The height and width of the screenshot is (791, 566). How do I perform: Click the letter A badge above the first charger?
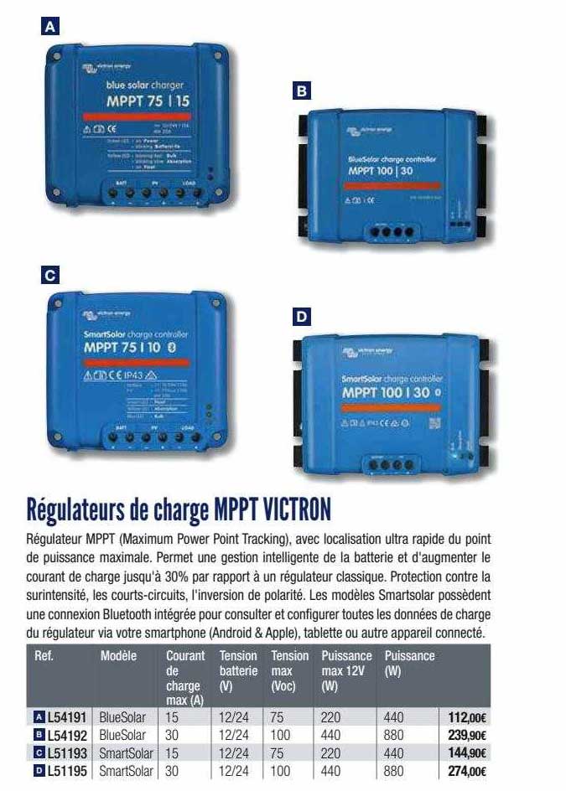pyautogui.click(x=53, y=27)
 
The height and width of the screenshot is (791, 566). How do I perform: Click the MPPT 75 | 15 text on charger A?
pyautogui.click(x=148, y=101)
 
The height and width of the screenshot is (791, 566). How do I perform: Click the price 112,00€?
pyautogui.click(x=468, y=717)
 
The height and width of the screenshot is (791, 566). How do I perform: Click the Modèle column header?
pyautogui.click(x=118, y=656)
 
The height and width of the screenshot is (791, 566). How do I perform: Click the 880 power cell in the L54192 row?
pyautogui.click(x=393, y=736)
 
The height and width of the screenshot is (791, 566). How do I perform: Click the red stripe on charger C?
pyautogui.click(x=137, y=362)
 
